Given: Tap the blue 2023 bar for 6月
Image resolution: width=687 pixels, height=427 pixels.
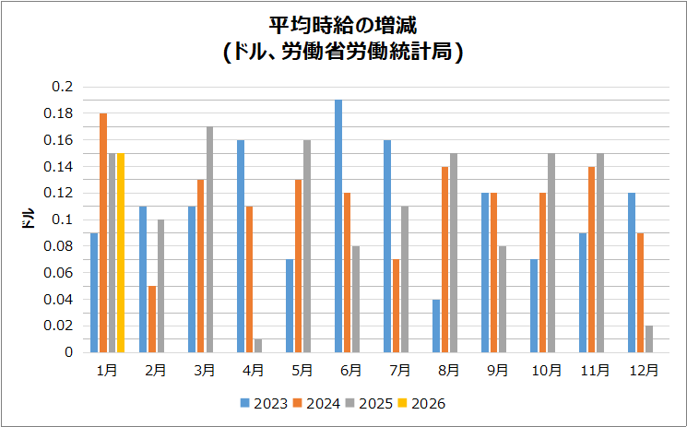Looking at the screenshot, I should pos(338,226).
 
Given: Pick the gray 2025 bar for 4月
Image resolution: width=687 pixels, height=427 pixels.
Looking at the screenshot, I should pos(258,346).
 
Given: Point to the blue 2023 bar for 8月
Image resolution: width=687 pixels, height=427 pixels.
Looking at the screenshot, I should pos(436,326).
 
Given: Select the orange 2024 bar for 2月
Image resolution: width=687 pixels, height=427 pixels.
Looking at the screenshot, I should pos(152,319).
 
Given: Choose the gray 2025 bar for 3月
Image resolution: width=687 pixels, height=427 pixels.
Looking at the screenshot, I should pos(209,240).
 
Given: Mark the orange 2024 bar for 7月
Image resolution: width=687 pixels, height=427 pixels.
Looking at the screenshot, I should pos(397,306).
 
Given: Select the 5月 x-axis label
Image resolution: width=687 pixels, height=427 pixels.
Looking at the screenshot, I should pos(302,371).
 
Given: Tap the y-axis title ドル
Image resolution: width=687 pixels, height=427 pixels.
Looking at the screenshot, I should pos(28,219).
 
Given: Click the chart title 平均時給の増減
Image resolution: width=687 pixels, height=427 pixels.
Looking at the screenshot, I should pos(343,25).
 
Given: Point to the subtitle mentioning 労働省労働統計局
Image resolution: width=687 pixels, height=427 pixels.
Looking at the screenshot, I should pos(343,53).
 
